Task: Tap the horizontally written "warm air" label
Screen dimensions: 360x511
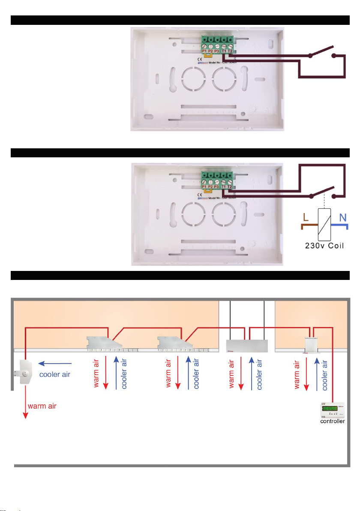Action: (x=43, y=406)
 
